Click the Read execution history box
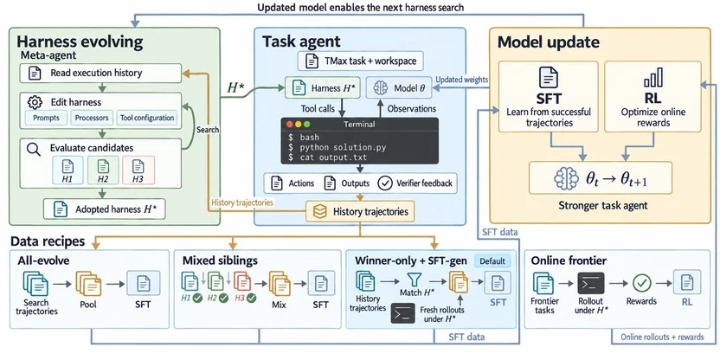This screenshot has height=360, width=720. [x=100, y=73]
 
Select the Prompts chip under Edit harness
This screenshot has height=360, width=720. [x=46, y=118]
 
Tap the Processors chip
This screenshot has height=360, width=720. [x=92, y=118]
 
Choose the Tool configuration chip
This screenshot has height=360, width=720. [x=147, y=118]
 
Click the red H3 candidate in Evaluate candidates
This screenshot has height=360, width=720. [x=138, y=170]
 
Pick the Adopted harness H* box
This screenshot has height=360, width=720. [x=104, y=209]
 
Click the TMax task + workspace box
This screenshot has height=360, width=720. [x=361, y=61]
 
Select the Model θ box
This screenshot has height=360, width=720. [x=399, y=87]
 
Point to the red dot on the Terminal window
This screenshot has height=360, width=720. [x=290, y=125]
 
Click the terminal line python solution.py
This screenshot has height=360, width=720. [x=337, y=147]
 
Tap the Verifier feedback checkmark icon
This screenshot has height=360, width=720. [x=385, y=183]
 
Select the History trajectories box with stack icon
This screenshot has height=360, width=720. [x=360, y=212]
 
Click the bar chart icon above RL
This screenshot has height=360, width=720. [x=652, y=78]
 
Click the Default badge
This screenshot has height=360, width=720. [x=492, y=261]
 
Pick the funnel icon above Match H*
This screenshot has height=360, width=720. [x=411, y=280]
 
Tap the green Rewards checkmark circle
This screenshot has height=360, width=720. [x=641, y=283]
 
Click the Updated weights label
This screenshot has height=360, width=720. [x=461, y=80]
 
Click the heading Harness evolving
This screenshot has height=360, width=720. [x=80, y=42]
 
